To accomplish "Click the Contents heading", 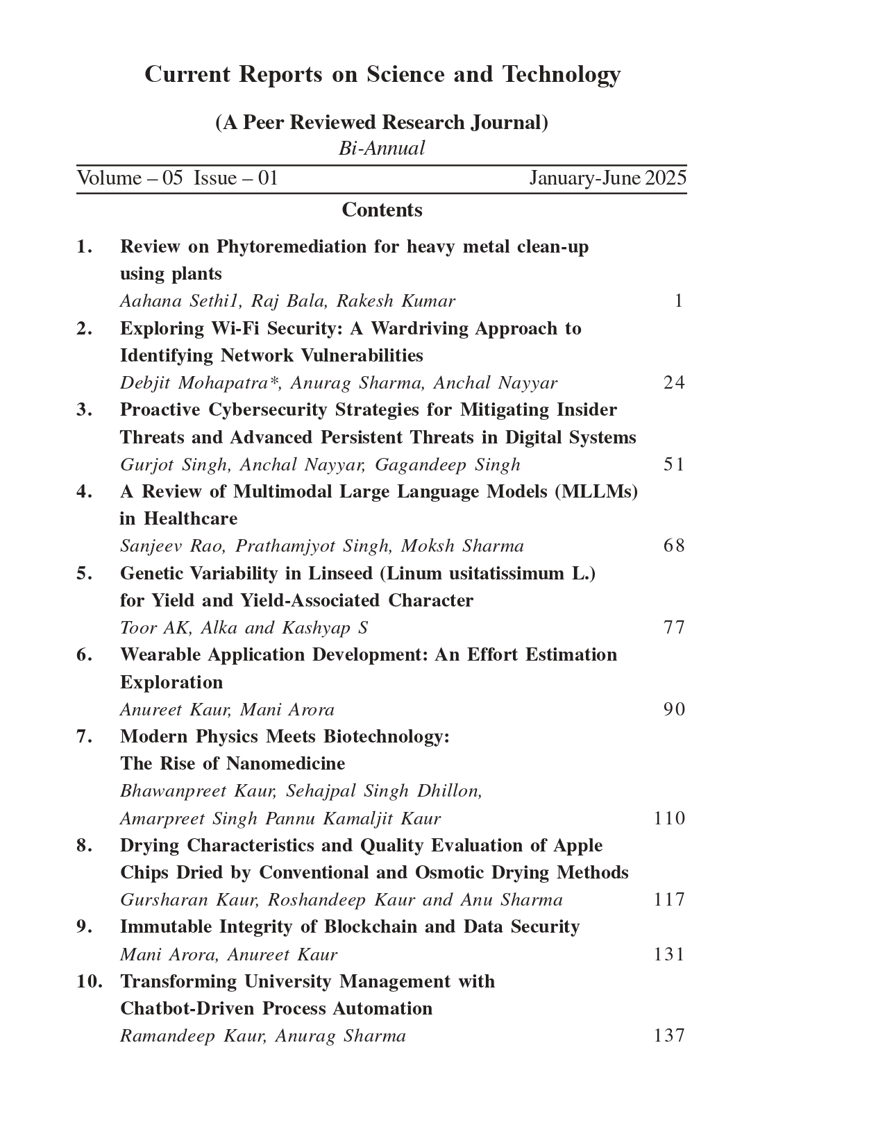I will click(x=382, y=210).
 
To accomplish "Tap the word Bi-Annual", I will click(x=382, y=149).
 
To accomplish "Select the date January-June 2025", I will click(x=607, y=178).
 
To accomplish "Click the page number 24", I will click(x=674, y=382).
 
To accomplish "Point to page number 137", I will click(x=669, y=1035).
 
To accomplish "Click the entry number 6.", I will click(x=84, y=654).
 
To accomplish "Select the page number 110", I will click(x=669, y=818).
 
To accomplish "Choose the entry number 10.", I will click(x=90, y=981).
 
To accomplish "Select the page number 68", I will click(x=674, y=545).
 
